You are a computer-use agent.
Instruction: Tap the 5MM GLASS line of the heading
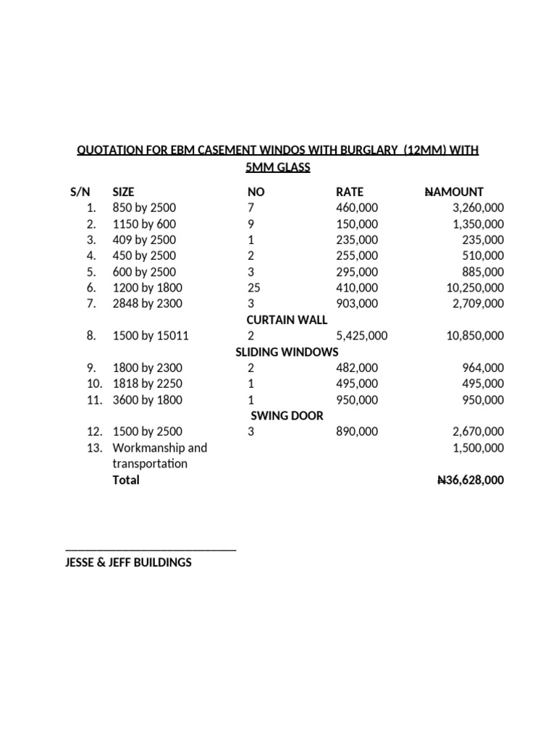[278, 168]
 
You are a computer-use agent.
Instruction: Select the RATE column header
[350, 192]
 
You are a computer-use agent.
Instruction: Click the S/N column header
[80, 192]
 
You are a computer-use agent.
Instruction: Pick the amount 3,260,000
[476, 208]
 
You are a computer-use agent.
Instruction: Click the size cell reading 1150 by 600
[144, 224]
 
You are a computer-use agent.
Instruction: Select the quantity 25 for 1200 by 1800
[254, 287]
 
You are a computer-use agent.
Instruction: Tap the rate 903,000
[357, 303]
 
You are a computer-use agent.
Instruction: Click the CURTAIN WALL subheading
[287, 320]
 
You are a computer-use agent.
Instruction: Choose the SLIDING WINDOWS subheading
[287, 352]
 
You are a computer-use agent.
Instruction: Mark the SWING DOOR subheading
[287, 415]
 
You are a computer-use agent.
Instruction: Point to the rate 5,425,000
[362, 336]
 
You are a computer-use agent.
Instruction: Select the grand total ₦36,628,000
[466, 480]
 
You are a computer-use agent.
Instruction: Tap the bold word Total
[126, 480]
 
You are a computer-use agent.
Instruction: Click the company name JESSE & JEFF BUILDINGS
[128, 562]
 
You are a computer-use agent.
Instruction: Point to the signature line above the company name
[151, 551]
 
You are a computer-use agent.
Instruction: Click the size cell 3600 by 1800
[148, 399]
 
